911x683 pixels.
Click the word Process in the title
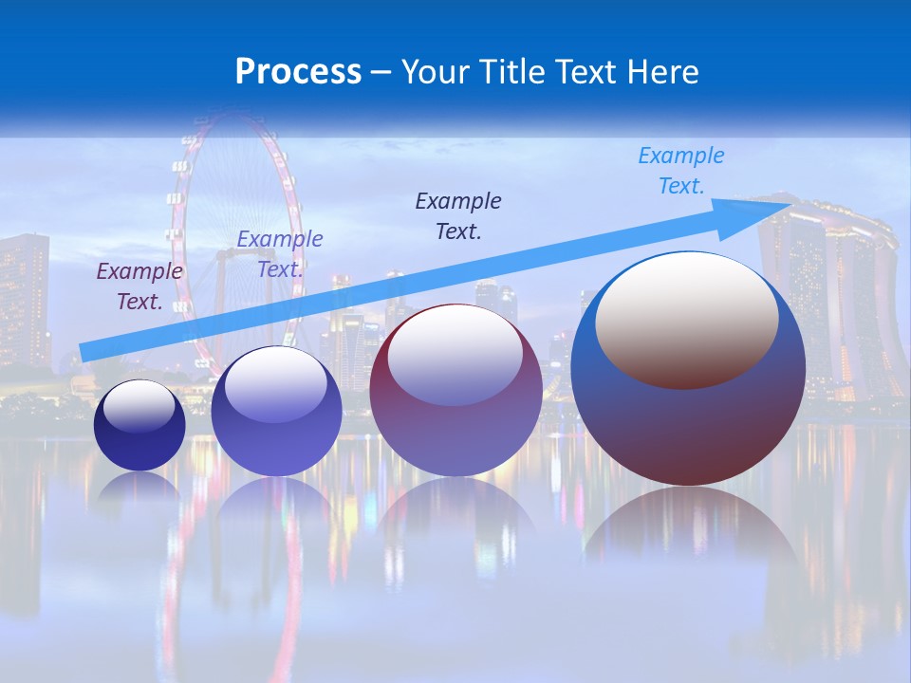(298, 72)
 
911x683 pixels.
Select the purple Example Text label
(139, 286)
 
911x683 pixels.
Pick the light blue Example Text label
(681, 171)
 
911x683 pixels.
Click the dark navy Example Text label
(458, 216)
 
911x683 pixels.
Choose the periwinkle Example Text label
(280, 254)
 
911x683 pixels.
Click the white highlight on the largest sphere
(687, 319)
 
